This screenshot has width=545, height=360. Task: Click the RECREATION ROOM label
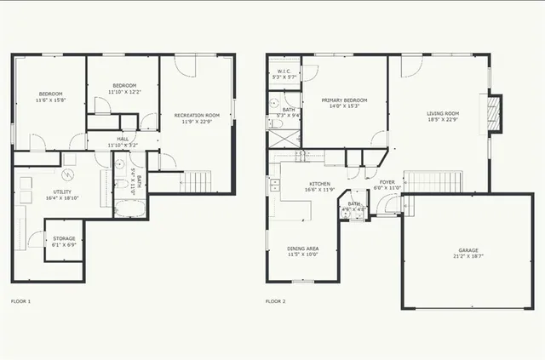click(197, 115)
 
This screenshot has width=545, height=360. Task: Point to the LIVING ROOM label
click(443, 113)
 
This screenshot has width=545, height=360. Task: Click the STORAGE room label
click(65, 238)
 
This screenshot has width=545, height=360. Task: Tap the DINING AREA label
click(302, 249)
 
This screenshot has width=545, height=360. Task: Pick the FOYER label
click(386, 181)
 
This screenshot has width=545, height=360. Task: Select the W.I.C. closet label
click(281, 71)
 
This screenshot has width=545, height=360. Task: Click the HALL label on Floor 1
click(123, 139)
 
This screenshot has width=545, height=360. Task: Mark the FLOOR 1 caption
click(20, 301)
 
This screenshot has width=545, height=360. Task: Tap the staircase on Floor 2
click(432, 181)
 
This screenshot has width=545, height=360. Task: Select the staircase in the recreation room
click(197, 181)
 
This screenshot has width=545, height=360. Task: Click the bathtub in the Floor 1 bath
click(130, 209)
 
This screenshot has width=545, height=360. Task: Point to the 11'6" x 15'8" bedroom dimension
click(50, 100)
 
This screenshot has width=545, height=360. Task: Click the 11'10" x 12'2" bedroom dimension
click(124, 92)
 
